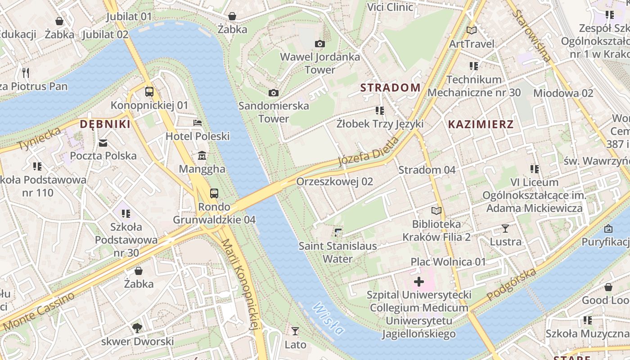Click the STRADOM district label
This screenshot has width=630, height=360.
click(391, 87)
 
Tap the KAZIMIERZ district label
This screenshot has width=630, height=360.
click(481, 124)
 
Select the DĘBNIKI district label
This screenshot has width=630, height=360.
click(105, 124)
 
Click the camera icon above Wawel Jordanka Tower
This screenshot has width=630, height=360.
click(320, 44)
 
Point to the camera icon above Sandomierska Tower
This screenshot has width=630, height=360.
click(273, 93)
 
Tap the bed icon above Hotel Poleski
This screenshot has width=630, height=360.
click(197, 122)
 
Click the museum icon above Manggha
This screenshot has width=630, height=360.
click(202, 156)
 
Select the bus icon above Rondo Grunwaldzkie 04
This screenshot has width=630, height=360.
click(214, 193)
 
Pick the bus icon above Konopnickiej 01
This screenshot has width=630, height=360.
click(149, 92)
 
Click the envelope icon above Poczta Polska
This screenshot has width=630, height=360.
click(103, 143)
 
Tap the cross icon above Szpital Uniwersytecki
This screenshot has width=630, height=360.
click(419, 282)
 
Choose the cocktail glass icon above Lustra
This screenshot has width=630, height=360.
click(505, 229)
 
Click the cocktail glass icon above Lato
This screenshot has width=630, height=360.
click(295, 331)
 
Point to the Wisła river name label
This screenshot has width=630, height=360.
click(328, 319)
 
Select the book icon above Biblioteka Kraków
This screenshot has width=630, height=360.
click(436, 211)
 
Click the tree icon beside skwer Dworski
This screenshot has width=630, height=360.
click(137, 328)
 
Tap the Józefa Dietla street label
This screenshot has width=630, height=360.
click(368, 152)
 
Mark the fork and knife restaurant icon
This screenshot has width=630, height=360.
click(26, 72)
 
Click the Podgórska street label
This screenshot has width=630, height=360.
click(512, 284)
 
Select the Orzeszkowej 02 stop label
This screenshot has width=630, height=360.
click(335, 181)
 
